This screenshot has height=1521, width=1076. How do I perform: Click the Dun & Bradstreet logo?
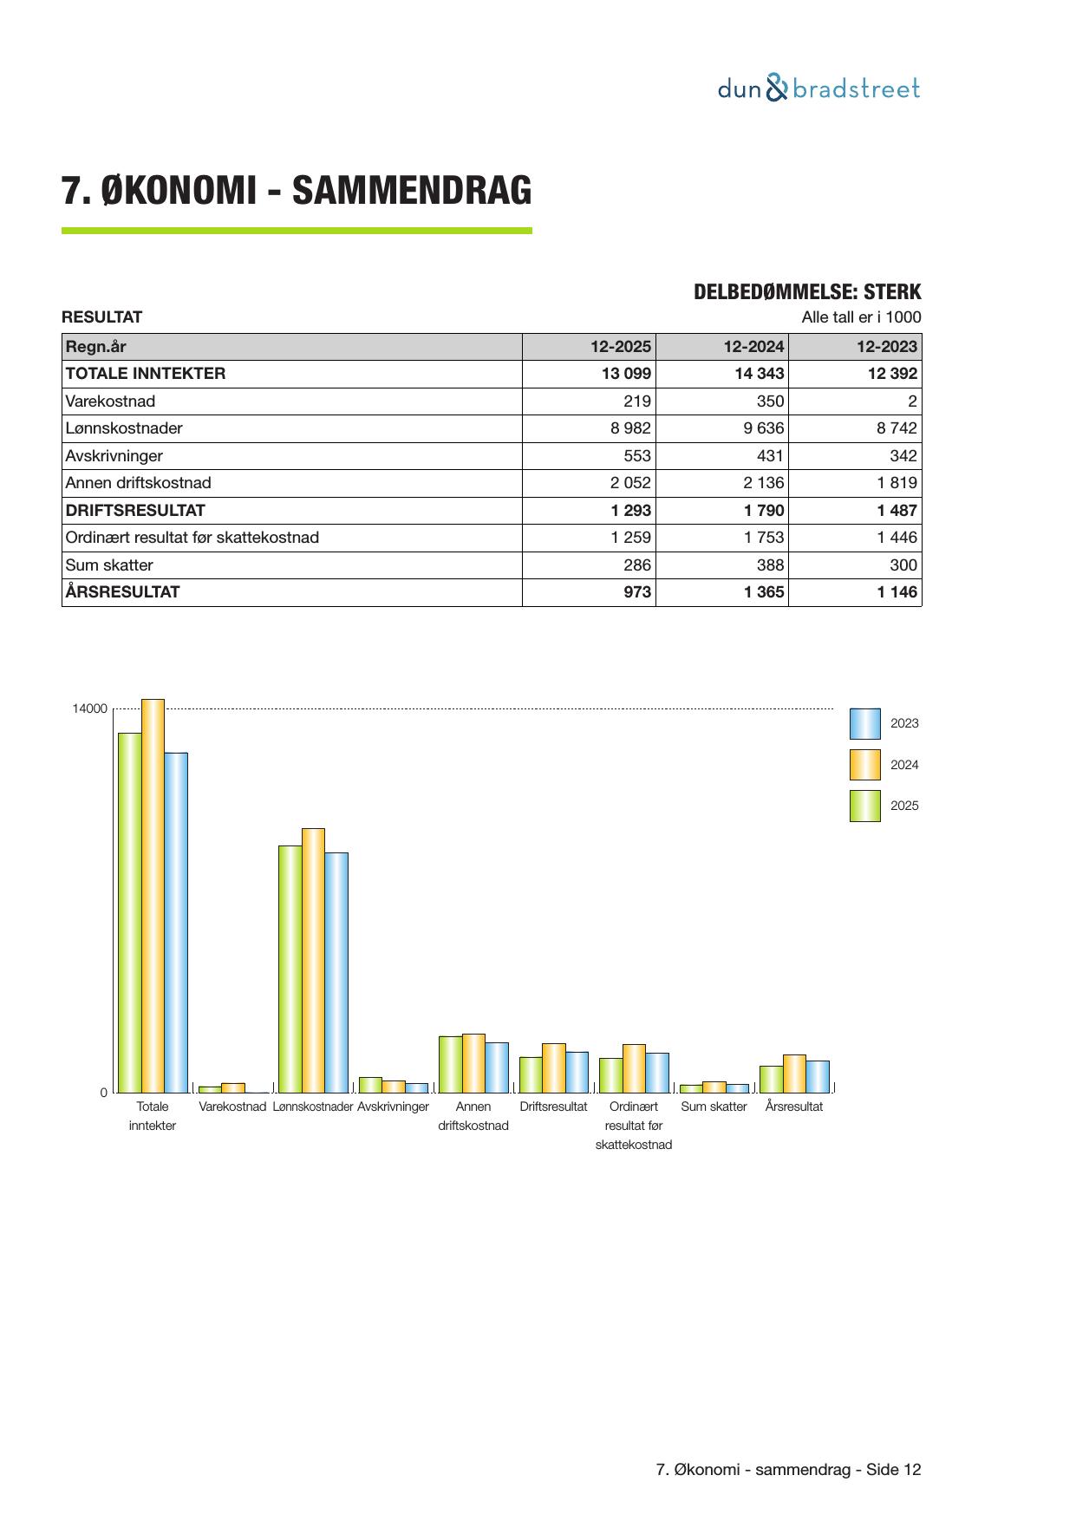click(818, 88)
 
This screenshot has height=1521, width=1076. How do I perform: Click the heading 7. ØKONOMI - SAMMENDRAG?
click(297, 191)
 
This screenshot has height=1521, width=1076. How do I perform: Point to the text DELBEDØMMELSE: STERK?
click(806, 292)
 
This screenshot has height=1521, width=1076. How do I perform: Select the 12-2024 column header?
click(753, 347)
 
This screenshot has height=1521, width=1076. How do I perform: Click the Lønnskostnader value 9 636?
click(763, 428)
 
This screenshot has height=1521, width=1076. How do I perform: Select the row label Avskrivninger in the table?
click(114, 456)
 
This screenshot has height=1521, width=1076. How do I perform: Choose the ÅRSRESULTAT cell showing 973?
click(637, 592)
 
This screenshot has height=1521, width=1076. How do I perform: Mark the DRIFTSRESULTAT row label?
click(135, 511)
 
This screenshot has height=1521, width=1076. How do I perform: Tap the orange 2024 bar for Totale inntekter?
click(153, 895)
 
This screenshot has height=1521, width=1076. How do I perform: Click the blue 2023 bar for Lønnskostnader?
click(336, 972)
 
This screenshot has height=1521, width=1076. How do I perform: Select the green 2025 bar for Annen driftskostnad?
click(450, 1064)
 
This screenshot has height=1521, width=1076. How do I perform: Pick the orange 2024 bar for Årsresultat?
click(794, 1074)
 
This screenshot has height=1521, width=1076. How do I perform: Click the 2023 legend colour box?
click(864, 723)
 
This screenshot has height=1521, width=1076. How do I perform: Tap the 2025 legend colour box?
click(864, 806)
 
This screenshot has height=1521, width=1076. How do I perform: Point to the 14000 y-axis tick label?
click(89, 709)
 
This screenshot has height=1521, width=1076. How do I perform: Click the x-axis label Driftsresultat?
click(553, 1106)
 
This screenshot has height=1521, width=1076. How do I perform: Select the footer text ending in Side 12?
click(788, 1470)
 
